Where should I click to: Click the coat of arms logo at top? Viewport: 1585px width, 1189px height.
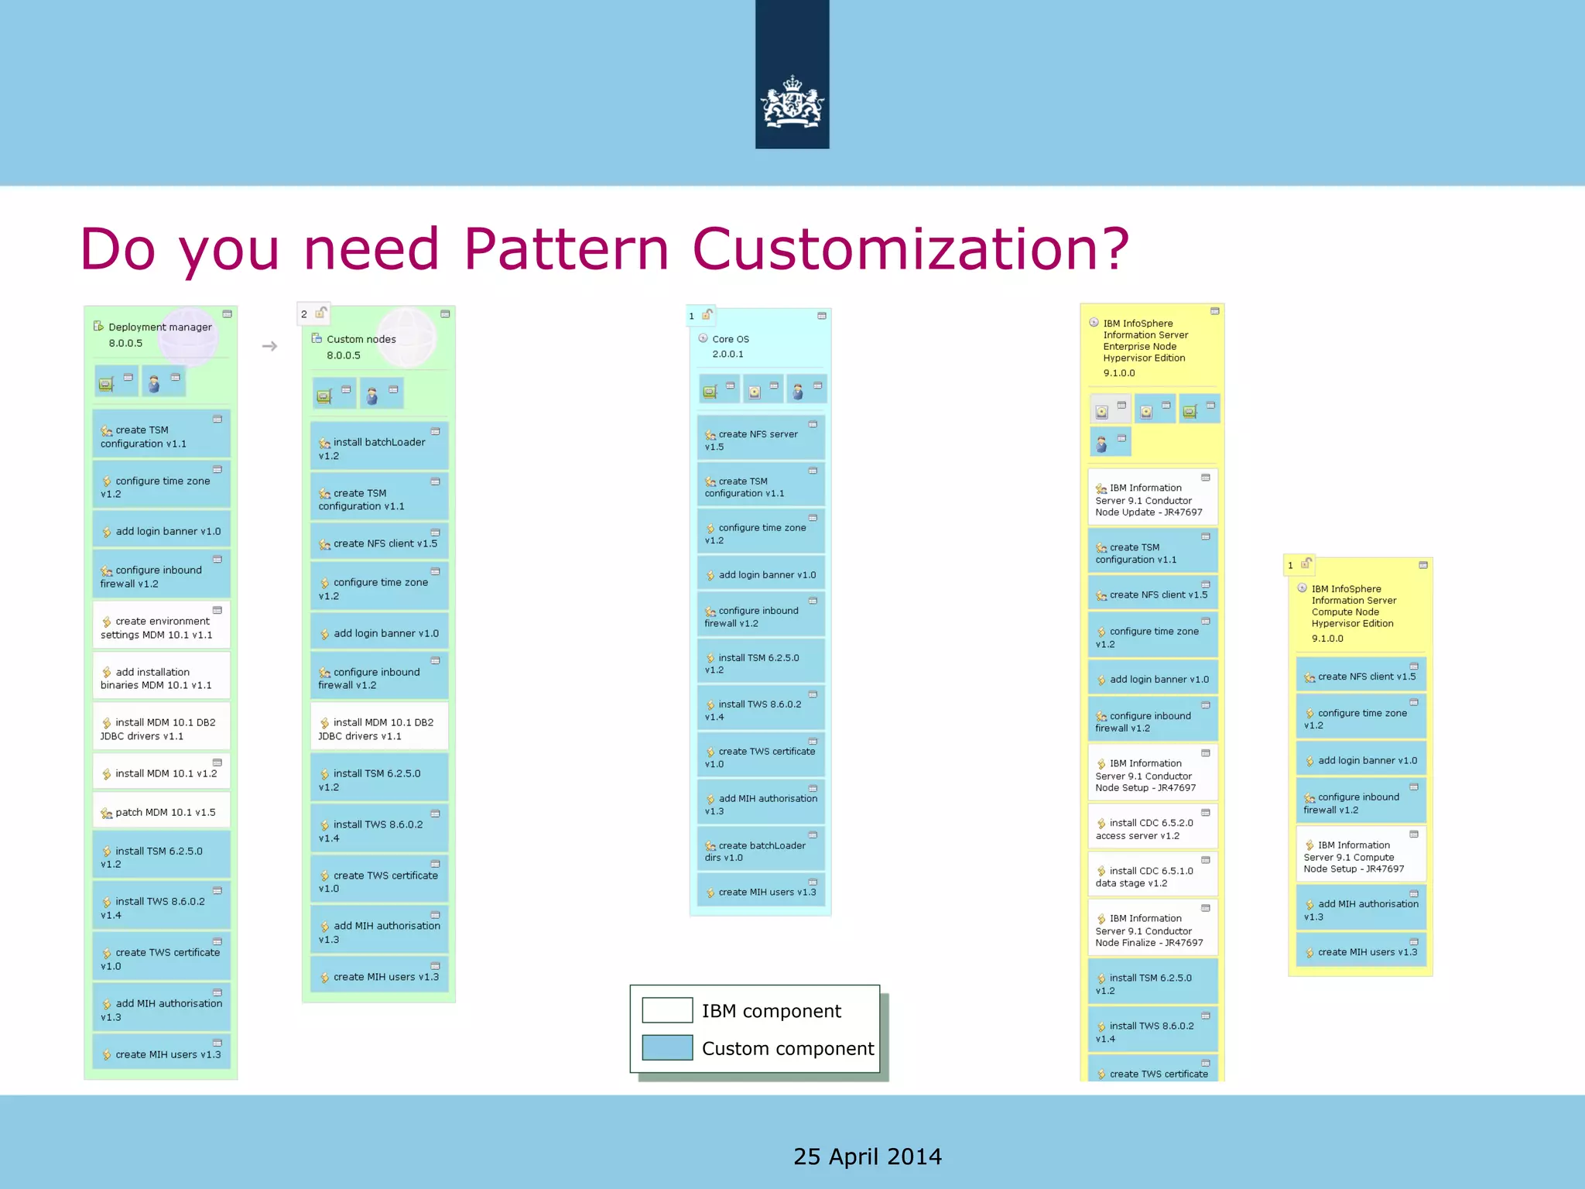pyautogui.click(x=792, y=102)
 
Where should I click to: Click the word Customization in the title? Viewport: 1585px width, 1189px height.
pyautogui.click(x=910, y=249)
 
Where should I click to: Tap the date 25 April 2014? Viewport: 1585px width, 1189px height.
pyautogui.click(x=867, y=1156)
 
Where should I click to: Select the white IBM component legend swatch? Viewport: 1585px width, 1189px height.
pyautogui.click(x=667, y=1010)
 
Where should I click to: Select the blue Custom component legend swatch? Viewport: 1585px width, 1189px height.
pyautogui.click(x=667, y=1047)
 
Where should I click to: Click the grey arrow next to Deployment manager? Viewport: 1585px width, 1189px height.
pyautogui.click(x=269, y=346)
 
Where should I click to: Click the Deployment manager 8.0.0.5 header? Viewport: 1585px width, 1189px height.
pyautogui.click(x=159, y=334)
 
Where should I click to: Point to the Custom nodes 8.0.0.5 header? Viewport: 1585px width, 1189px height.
pyautogui.click(x=361, y=347)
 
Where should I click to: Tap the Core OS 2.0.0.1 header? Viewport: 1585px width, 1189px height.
pyautogui.click(x=730, y=346)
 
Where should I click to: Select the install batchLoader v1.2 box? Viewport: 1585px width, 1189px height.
pyautogui.click(x=378, y=447)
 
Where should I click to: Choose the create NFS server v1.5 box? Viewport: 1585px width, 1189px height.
pyautogui.click(x=760, y=439)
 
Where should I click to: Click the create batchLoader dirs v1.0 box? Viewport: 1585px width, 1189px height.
pyautogui.click(x=760, y=850)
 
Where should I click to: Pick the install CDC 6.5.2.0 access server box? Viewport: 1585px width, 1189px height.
pyautogui.click(x=1152, y=828)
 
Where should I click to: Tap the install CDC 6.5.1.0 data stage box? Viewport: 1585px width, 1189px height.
pyautogui.click(x=1152, y=876)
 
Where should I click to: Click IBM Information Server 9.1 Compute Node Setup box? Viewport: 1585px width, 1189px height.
pyautogui.click(x=1360, y=856)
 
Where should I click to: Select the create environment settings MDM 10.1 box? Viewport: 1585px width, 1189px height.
pyautogui.click(x=161, y=627)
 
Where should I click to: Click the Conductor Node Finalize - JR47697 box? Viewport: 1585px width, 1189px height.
pyautogui.click(x=1152, y=930)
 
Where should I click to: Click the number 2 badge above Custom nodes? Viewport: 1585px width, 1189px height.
pyautogui.click(x=304, y=314)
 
